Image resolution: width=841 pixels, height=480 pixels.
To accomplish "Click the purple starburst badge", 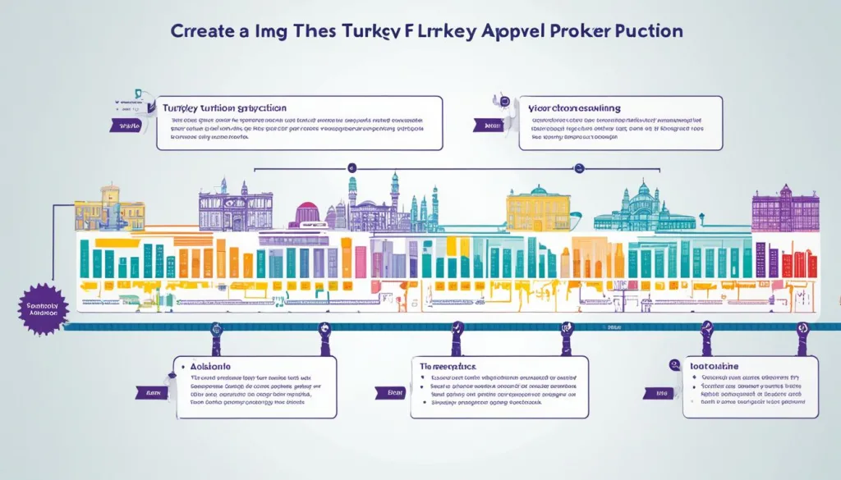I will tap(42, 309).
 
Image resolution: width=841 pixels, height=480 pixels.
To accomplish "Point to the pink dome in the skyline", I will tap(306, 213).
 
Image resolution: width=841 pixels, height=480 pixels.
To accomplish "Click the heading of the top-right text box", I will tap(575, 108).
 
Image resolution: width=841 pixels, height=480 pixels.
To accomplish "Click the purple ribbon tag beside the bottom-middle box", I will tap(395, 394).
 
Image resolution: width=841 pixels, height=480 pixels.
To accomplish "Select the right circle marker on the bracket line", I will tap(579, 167).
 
